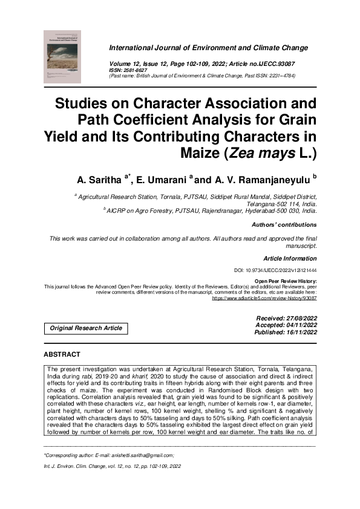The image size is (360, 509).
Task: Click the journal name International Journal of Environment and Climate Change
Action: click(x=208, y=48)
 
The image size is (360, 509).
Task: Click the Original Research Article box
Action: click(x=85, y=328)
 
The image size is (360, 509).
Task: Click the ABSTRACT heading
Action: click(x=62, y=354)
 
